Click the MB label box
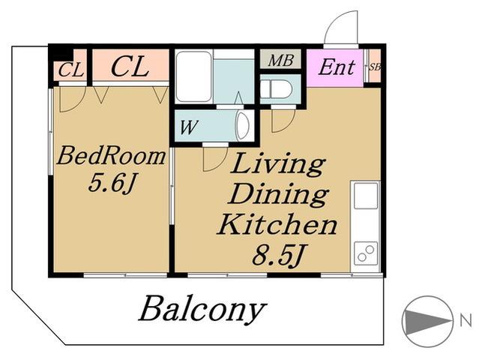pyautogui.click(x=280, y=59)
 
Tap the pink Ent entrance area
pyautogui.click(x=335, y=67)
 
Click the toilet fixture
pyautogui.click(x=277, y=89)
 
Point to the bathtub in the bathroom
pyautogui.click(x=194, y=76)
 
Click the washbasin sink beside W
pyautogui.click(x=244, y=127)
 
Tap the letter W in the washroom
pyautogui.click(x=189, y=127)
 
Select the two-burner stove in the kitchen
pyautogui.click(x=366, y=253)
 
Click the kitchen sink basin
pyautogui.click(x=366, y=196)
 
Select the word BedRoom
pyautogui.click(x=111, y=156)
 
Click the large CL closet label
pyautogui.click(x=130, y=67)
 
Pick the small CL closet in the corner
pyautogui.click(x=70, y=70)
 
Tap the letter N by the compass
pyautogui.click(x=466, y=320)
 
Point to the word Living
pyautogui.click(x=277, y=165)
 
